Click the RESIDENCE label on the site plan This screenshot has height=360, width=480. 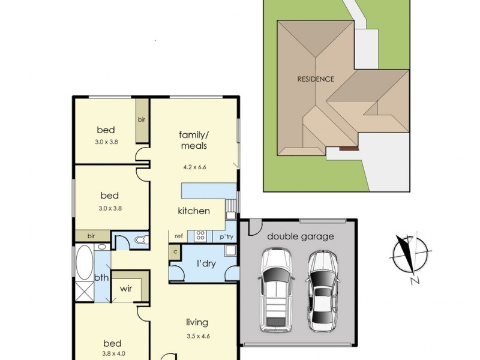(316, 79)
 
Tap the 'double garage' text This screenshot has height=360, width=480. (301, 236)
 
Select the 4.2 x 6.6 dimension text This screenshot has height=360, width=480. (194, 167)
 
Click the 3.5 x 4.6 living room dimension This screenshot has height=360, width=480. (199, 336)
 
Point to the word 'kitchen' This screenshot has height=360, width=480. (194, 211)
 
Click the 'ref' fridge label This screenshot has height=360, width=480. (179, 236)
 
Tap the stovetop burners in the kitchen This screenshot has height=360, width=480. (200, 235)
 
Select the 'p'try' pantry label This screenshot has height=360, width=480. (227, 236)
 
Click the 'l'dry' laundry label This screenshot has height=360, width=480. (206, 263)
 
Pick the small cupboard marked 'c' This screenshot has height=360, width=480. (175, 252)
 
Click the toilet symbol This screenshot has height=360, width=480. (141, 239)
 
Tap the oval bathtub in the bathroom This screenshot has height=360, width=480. (84, 262)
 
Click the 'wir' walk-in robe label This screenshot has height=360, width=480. (126, 289)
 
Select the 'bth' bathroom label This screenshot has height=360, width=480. (101, 277)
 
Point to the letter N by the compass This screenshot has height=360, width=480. (415, 280)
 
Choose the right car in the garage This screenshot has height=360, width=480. (323, 292)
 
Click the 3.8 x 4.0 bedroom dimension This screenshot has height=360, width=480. (114, 353)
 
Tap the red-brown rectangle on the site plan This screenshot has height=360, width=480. (349, 148)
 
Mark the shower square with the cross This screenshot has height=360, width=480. (84, 292)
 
